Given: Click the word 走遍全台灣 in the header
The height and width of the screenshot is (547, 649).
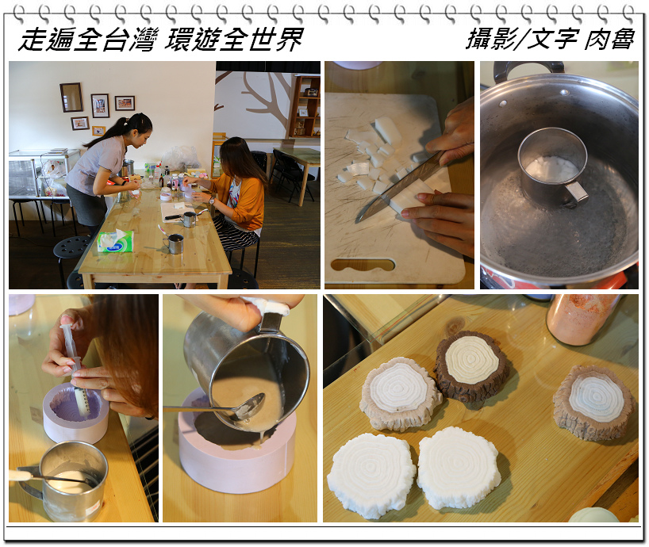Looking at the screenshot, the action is pyautogui.click(x=88, y=40).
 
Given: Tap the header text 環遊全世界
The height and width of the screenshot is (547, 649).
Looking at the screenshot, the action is pyautogui.click(x=234, y=40).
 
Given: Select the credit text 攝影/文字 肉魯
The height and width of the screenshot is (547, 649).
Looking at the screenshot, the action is pyautogui.click(x=551, y=40).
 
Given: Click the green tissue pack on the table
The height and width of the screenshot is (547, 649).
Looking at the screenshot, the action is pyautogui.click(x=116, y=241).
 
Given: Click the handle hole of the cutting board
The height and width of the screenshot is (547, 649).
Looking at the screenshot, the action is pyautogui.click(x=363, y=264).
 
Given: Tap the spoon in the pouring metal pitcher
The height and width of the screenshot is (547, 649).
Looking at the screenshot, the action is pyautogui.click(x=216, y=407).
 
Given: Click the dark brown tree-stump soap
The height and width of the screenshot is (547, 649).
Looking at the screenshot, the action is pyautogui.click(x=472, y=365).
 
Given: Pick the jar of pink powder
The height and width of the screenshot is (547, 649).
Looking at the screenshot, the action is pyautogui.click(x=582, y=319).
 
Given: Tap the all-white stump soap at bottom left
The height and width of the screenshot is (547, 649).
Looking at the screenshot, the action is pyautogui.click(x=371, y=475).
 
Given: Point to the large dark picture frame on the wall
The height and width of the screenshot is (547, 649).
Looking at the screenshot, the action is pyautogui.click(x=71, y=98).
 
